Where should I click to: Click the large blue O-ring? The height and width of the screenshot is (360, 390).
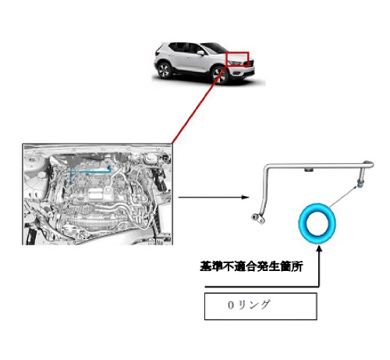click(x=302, y=224)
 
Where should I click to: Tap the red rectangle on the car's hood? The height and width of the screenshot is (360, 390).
click(x=237, y=52)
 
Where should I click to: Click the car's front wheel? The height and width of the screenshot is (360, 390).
click(x=220, y=75)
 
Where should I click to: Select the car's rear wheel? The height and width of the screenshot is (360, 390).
click(x=164, y=70)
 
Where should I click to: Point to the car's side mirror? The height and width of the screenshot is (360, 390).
click(x=200, y=53)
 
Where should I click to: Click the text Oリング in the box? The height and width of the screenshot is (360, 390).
click(x=249, y=305)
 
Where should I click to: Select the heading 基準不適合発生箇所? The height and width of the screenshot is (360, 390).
click(x=251, y=266)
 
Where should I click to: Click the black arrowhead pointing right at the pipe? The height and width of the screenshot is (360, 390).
click(x=246, y=197)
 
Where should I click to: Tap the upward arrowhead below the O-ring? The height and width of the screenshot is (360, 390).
click(x=319, y=248)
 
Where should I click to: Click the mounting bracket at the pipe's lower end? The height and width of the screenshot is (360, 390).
click(x=257, y=218)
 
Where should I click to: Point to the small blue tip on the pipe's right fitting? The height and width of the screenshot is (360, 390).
click(x=360, y=185)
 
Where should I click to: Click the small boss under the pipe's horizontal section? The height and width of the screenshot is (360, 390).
click(x=309, y=169)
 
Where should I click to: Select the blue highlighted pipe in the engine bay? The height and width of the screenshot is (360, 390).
click(x=90, y=172)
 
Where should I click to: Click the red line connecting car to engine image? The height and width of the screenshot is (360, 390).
click(x=200, y=105)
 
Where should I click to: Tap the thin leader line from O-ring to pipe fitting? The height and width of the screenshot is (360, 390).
click(x=343, y=197)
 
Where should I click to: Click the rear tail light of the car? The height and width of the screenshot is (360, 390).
click(x=157, y=53)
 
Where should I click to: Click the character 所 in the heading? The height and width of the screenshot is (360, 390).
click(x=297, y=266)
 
